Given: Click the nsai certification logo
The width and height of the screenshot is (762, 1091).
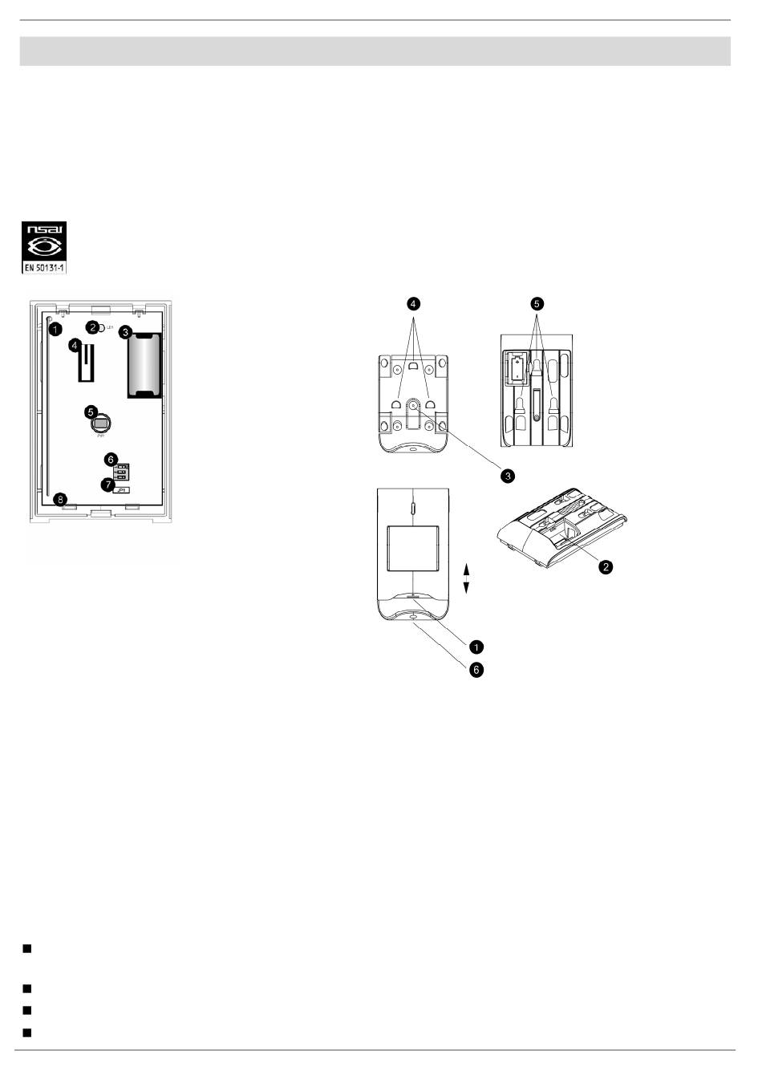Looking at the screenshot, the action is coord(44,240).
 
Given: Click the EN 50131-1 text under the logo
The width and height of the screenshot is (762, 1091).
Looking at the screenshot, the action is coord(44,266).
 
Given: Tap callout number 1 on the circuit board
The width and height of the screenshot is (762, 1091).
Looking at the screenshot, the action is coord(55,329).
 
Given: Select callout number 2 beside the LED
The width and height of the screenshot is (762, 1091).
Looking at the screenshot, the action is coord(94,327).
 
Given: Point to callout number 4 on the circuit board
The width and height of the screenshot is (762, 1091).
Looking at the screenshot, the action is coord(75,345).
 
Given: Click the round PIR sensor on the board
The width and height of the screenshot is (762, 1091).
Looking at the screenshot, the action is coord(100,423).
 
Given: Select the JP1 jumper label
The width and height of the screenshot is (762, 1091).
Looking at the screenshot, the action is coord(123,489).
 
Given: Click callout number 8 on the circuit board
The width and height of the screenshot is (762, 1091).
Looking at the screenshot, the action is coord(59,499).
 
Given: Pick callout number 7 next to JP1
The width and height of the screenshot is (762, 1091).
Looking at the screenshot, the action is coord(107,485).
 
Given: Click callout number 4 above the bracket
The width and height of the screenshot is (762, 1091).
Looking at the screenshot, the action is coord(412,304).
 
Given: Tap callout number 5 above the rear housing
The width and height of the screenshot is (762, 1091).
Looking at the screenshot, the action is coord(537,304).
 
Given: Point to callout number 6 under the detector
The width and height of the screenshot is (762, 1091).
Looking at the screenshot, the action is coord(476,669).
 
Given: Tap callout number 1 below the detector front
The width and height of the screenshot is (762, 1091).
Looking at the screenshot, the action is coord(476,646).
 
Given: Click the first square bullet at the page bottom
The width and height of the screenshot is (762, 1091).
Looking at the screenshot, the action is coord(26,949).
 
